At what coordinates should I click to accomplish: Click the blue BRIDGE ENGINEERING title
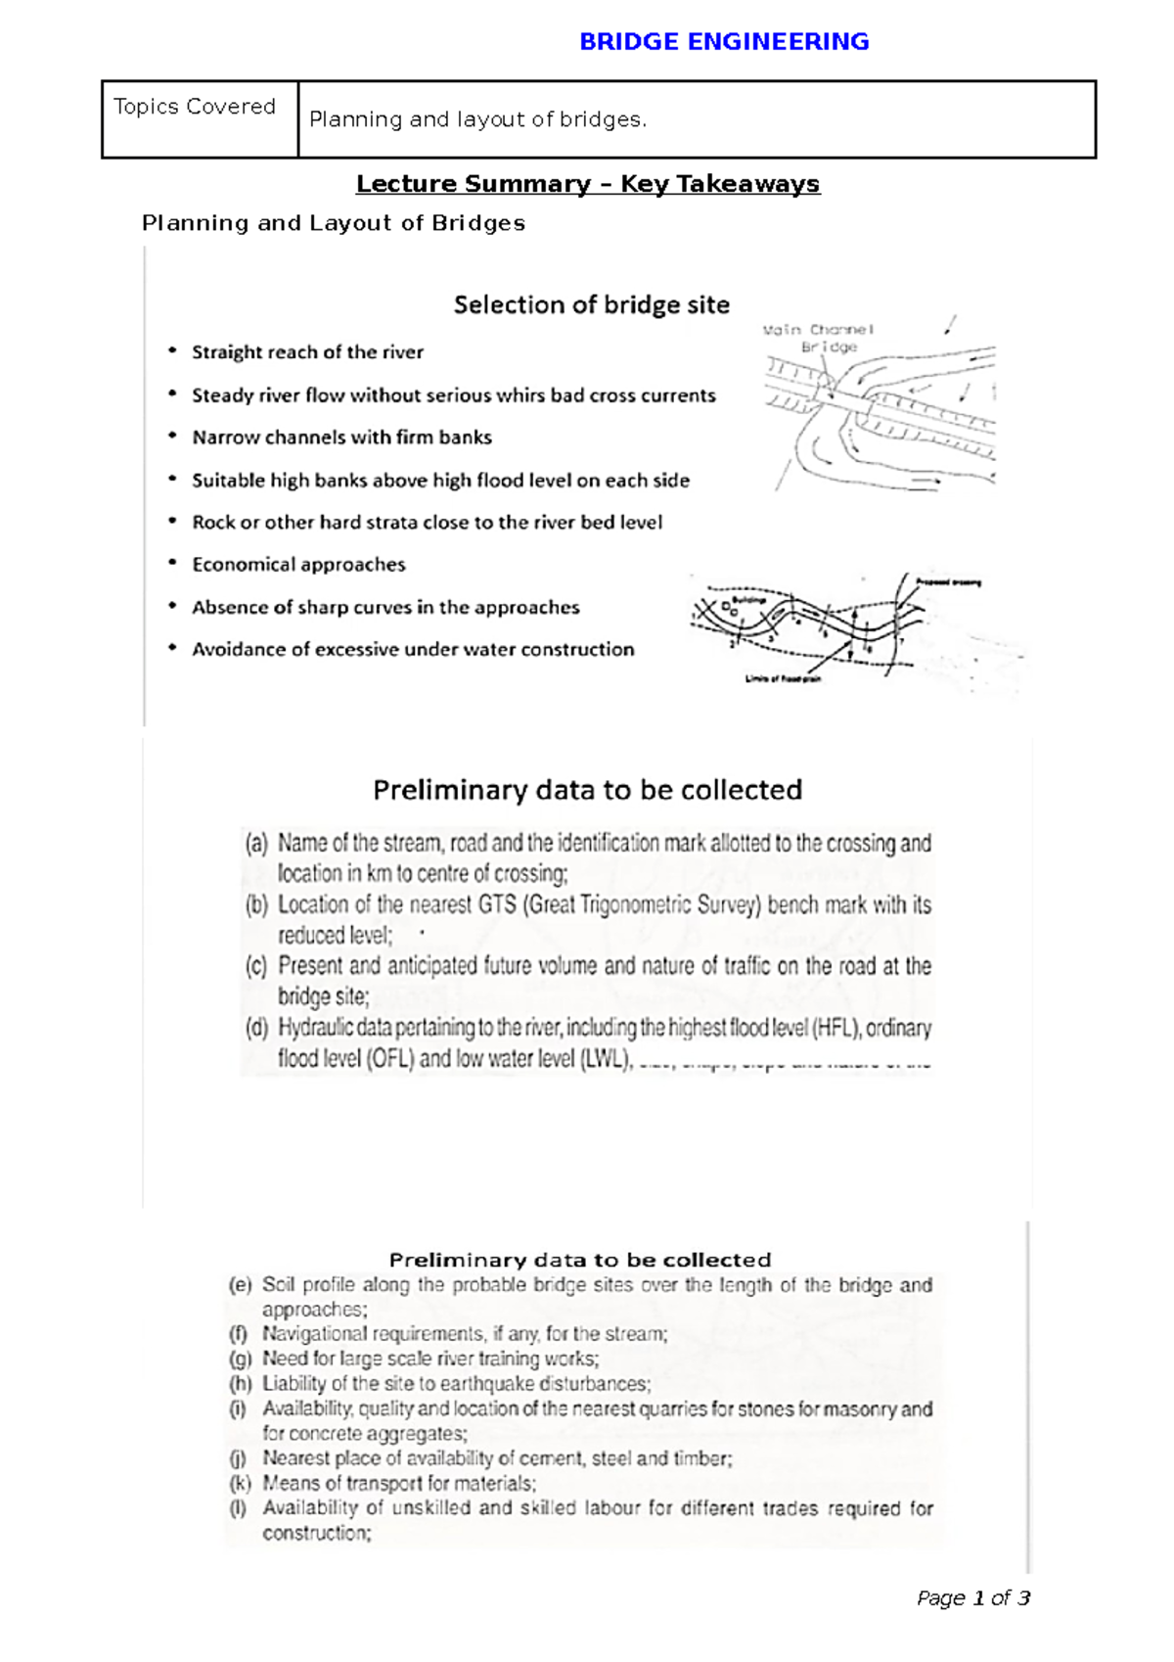(724, 42)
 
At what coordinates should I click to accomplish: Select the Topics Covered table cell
(195, 107)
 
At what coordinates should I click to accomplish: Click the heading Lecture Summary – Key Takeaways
(588, 184)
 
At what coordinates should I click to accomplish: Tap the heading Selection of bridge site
(591, 305)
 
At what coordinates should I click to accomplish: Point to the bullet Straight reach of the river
(307, 352)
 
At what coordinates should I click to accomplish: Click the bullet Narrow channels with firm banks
(341, 438)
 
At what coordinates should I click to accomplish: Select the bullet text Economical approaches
(298, 565)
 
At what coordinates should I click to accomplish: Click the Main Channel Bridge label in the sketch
(820, 338)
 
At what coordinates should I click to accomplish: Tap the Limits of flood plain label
(783, 678)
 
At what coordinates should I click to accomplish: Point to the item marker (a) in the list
(256, 844)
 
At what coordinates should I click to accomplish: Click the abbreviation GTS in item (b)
(497, 905)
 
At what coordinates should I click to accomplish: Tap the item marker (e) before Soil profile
(241, 1285)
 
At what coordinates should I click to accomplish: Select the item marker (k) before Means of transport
(241, 1484)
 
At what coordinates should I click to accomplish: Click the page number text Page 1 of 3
(972, 1598)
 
